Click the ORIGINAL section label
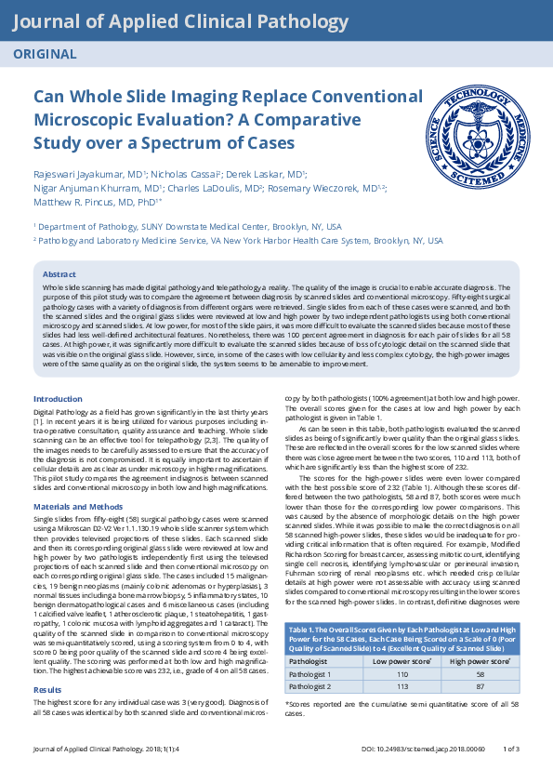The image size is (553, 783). [45, 54]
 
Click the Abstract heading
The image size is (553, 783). [59, 274]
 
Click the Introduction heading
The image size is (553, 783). [58, 398]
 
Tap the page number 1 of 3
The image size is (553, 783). [510, 774]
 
